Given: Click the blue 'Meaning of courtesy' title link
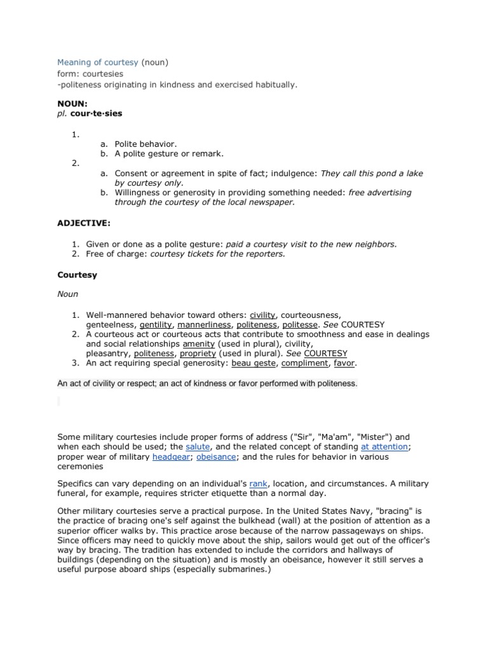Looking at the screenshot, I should click(x=98, y=62).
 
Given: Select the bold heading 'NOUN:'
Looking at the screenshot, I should click(x=72, y=103).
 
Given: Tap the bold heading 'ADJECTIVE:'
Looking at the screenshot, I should click(x=83, y=224).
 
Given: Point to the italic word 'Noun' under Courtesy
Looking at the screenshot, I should click(x=67, y=294).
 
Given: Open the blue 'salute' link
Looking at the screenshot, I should click(x=198, y=447).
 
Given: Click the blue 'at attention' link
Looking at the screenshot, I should click(x=384, y=447).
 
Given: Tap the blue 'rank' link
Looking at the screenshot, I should click(x=259, y=484).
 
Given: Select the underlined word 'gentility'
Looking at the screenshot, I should click(x=156, y=324).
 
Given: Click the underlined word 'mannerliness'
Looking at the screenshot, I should click(x=204, y=324).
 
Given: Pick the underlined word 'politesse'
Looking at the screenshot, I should click(x=299, y=324).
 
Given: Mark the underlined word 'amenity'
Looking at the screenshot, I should click(x=198, y=344).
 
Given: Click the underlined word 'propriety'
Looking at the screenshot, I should click(x=198, y=353).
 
